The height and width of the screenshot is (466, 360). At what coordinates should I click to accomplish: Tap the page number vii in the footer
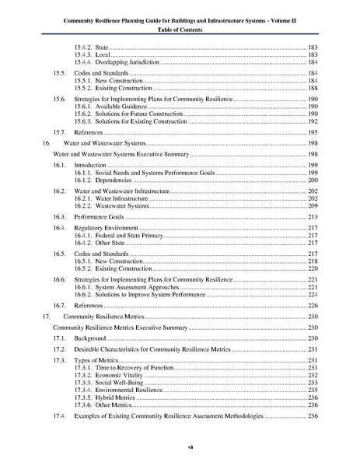pos(180,447)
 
